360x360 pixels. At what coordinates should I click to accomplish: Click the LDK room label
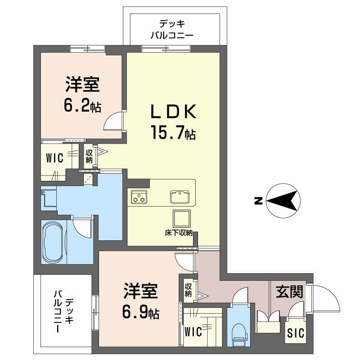pyautogui.click(x=173, y=111)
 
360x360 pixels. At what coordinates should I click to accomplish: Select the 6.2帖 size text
pyautogui.click(x=82, y=106)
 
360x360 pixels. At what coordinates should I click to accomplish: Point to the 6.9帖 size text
pyautogui.click(x=140, y=312)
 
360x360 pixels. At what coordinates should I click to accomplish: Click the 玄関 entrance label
pyautogui.click(x=289, y=292)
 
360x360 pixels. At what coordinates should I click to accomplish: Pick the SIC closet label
pyautogui.click(x=296, y=333)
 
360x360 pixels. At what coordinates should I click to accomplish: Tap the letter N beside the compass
pyautogui.click(x=258, y=201)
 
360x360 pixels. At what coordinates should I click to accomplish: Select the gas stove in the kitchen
pyautogui.click(x=139, y=197)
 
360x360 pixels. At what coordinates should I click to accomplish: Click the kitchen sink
pyautogui.click(x=180, y=197)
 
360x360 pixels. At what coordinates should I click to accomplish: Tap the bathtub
pyautogui.click(x=53, y=242)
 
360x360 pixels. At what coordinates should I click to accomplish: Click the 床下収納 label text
pyautogui.click(x=178, y=233)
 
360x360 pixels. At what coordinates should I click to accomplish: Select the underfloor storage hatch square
pyautogui.click(x=182, y=219)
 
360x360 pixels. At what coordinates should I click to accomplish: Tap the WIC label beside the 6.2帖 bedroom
pyautogui.click(x=54, y=158)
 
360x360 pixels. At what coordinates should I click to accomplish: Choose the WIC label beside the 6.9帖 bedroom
pyautogui.click(x=193, y=332)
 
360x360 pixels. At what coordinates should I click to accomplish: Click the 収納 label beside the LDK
pyautogui.click(x=89, y=156)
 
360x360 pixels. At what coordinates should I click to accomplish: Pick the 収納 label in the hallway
pyautogui.click(x=188, y=290)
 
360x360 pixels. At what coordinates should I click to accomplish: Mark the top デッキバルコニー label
pyautogui.click(x=172, y=29)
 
